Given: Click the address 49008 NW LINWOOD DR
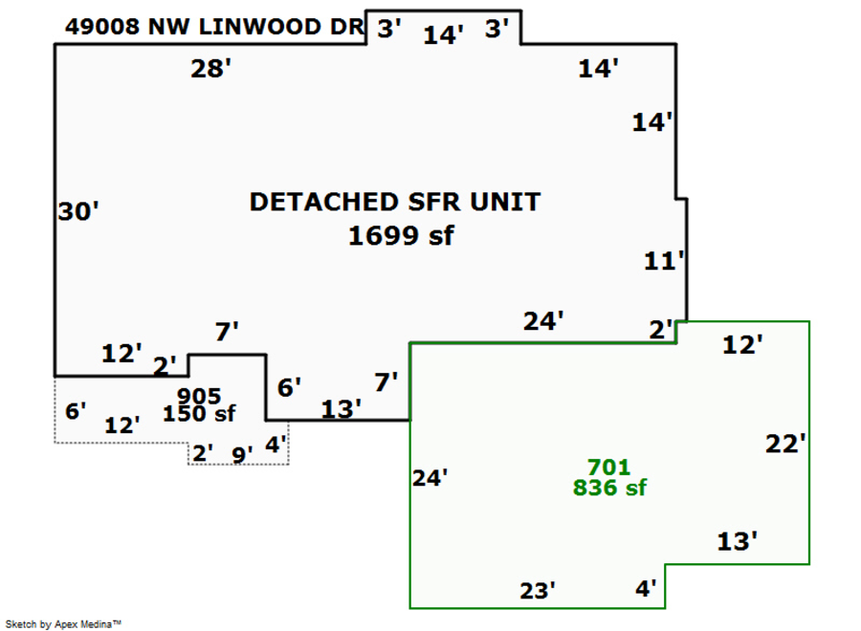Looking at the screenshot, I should pyautogui.click(x=214, y=27).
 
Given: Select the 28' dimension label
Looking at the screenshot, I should pyautogui.click(x=210, y=69).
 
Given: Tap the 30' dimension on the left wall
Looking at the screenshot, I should pyautogui.click(x=78, y=211).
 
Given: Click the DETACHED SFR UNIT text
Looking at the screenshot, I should pyautogui.click(x=394, y=203).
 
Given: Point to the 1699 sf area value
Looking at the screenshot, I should pyautogui.click(x=400, y=235).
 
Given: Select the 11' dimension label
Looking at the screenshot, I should pyautogui.click(x=665, y=261).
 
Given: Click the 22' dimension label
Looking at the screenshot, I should pyautogui.click(x=786, y=444).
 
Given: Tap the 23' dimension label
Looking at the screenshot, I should pyautogui.click(x=538, y=591).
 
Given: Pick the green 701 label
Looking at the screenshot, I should pyautogui.click(x=608, y=468).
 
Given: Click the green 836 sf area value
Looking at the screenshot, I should pyautogui.click(x=609, y=488).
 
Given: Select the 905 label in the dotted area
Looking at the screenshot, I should pyautogui.click(x=199, y=397).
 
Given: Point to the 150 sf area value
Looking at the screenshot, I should pyautogui.click(x=199, y=414).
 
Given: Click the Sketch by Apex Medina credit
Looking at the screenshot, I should pyautogui.click(x=63, y=623).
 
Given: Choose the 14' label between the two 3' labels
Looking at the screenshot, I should pyautogui.click(x=444, y=35).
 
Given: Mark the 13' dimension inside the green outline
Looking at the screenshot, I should pyautogui.click(x=738, y=542).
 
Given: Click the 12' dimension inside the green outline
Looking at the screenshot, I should pyautogui.click(x=742, y=345).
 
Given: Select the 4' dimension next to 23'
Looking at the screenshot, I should pyautogui.click(x=647, y=589).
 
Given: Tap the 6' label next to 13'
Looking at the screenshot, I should pyautogui.click(x=289, y=387).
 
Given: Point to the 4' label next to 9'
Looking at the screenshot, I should pyautogui.click(x=276, y=445).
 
